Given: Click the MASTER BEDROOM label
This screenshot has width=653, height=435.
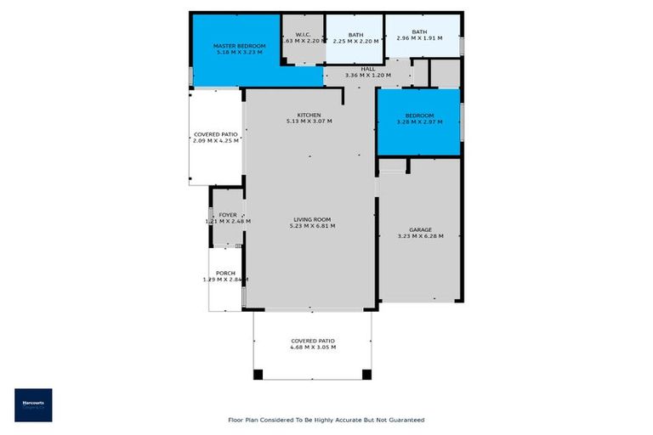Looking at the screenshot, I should coord(239,46).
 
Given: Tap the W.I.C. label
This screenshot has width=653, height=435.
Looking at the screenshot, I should coord(304,34).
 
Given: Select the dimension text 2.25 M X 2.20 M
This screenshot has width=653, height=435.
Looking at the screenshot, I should coord(355,41).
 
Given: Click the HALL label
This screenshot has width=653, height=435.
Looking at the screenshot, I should coord(368,69).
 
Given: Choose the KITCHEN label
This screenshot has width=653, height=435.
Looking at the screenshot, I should coord(309,115).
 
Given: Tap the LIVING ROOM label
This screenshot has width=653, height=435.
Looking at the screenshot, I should coord(313,219).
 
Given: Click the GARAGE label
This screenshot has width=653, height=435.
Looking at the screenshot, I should coord(420,229).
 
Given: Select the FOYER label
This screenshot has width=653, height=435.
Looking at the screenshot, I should coord(228,215).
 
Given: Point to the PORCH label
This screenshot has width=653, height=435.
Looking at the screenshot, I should coord(225,273).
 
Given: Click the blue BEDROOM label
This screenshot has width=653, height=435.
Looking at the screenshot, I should coord(419,116).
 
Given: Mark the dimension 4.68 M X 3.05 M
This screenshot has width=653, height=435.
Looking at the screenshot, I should coord(313,347).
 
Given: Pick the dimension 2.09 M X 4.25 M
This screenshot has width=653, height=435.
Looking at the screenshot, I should coord(215,141).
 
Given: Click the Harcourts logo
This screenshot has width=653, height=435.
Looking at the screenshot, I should coord(33,405).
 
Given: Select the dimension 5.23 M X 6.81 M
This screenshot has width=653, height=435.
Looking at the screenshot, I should coord(313,226).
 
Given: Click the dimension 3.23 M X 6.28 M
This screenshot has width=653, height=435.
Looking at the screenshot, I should coord(420,236).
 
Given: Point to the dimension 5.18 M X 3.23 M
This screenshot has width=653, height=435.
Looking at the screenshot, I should coord(239,53).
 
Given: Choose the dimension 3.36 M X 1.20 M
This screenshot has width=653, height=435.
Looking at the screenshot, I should coord(368,76).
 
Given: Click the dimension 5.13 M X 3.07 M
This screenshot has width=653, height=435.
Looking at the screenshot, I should coord(309,121).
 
